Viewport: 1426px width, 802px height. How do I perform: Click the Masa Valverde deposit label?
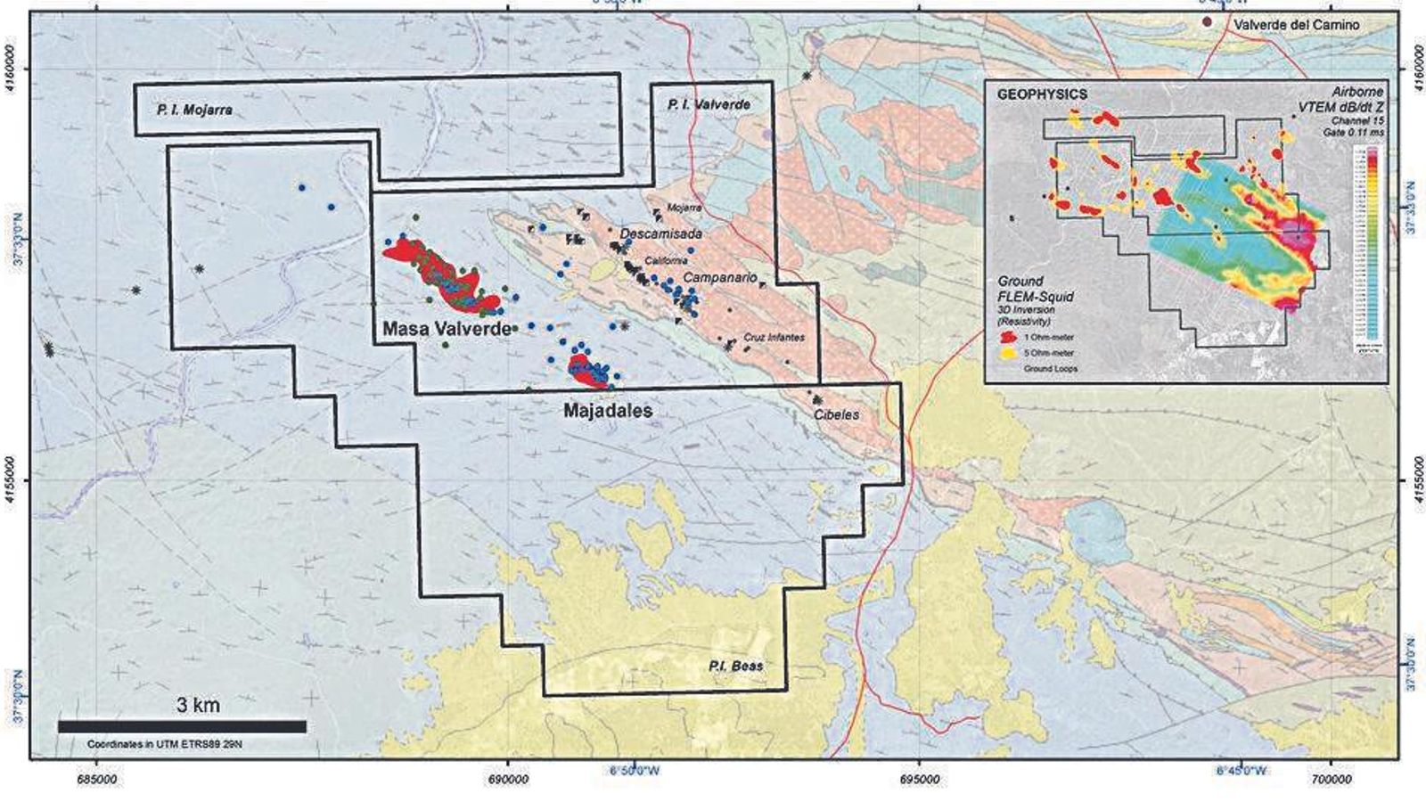[x=447, y=329]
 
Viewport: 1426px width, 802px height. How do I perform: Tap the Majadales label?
[x=608, y=411]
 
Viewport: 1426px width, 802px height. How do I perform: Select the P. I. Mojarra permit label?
[x=194, y=110]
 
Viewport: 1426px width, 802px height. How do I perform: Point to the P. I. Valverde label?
[x=709, y=105]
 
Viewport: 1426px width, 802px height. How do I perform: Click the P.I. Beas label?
[x=735, y=666]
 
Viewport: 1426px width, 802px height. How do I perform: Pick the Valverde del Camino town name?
[x=1297, y=25]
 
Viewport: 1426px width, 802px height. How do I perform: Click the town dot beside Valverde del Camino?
[x=1208, y=21]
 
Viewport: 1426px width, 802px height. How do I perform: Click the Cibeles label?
[x=836, y=414]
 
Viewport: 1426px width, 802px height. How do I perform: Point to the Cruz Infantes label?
[x=774, y=338]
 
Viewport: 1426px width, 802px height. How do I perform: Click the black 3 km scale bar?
[x=182, y=727]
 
